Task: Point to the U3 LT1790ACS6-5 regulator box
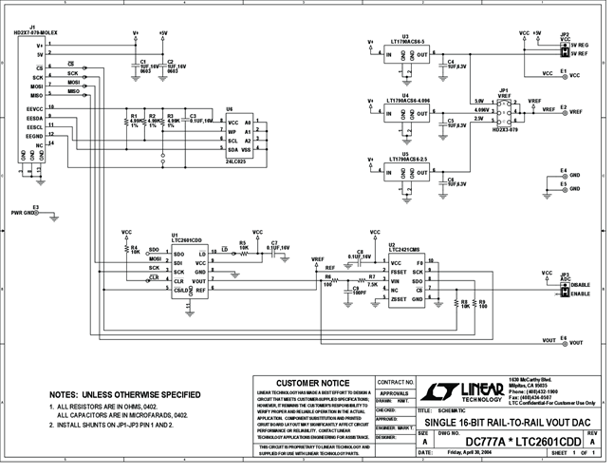coord(404,56)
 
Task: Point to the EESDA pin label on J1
coord(34,118)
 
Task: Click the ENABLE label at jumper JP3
coord(583,294)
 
